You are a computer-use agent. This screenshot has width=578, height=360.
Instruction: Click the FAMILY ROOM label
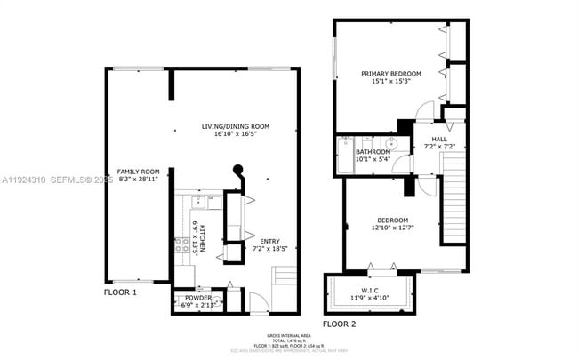click(138, 172)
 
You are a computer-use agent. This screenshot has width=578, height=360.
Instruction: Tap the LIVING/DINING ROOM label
click(235, 127)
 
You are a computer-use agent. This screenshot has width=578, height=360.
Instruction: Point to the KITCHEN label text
click(203, 237)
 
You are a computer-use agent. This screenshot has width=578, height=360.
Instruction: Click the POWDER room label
click(198, 298)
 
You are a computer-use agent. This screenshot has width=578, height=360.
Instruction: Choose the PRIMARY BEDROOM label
click(390, 74)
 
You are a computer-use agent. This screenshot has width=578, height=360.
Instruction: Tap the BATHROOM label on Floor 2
click(373, 152)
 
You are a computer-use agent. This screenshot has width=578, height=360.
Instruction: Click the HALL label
click(439, 140)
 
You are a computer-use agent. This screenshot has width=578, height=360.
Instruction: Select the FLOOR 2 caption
click(339, 324)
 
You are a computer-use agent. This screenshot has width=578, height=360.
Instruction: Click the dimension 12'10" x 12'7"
click(391, 228)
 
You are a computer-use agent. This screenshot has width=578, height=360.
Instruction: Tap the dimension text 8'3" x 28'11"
click(138, 180)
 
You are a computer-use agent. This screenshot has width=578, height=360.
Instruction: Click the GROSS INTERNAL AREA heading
click(290, 335)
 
